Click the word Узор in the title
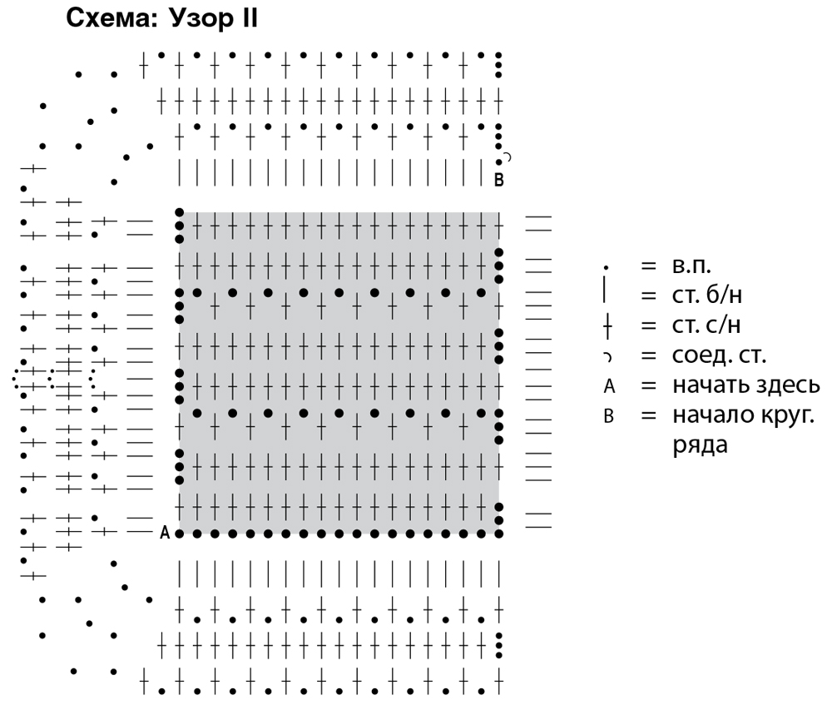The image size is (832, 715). (196, 18)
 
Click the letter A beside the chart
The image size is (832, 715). (165, 533)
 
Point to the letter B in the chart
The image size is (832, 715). (499, 179)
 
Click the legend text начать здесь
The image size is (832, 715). (736, 385)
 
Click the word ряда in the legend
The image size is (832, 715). (700, 444)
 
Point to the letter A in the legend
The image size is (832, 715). (608, 386)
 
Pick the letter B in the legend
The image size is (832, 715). (608, 415)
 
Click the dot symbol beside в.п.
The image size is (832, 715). (607, 268)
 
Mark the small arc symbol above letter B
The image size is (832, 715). (508, 156)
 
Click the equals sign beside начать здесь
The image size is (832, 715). (648, 385)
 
